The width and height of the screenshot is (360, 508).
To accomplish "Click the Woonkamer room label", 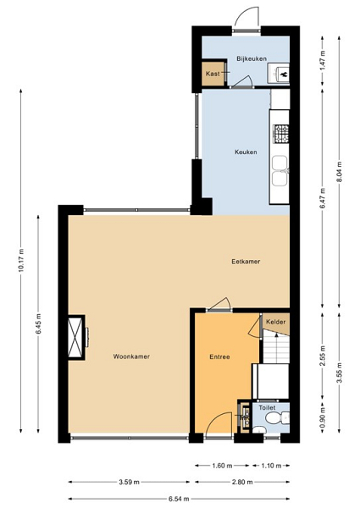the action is pyautogui.click(x=131, y=356).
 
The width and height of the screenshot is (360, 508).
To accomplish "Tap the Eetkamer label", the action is pyautogui.click(x=246, y=262).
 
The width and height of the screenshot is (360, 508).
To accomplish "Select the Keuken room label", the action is pyautogui.click(x=246, y=152).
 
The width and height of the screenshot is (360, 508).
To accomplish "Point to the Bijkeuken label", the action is pyautogui.click(x=252, y=58).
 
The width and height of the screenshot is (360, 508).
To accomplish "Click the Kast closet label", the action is pyautogui.click(x=213, y=74).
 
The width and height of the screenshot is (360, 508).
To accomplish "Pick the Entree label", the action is pyautogui.click(x=219, y=356).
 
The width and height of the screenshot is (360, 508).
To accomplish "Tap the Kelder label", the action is pyautogui.click(x=276, y=322).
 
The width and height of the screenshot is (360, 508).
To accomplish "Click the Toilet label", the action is pyautogui.click(x=267, y=407).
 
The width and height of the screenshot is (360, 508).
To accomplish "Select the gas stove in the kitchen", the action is pyautogui.click(x=281, y=134).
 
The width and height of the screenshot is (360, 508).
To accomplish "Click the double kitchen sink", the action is pyautogui.click(x=280, y=171).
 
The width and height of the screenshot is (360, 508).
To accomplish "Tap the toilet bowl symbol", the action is pyautogui.click(x=277, y=418).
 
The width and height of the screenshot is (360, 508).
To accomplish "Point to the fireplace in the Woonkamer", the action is pyautogui.click(x=76, y=337).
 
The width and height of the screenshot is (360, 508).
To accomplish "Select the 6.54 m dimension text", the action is pyautogui.click(x=179, y=499).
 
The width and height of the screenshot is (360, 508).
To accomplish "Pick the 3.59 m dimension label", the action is pyautogui.click(x=129, y=482).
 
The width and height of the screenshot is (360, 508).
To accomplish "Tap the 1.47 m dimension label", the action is pyautogui.click(x=323, y=61).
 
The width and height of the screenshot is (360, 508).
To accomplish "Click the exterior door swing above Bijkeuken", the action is pyautogui.click(x=246, y=17).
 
